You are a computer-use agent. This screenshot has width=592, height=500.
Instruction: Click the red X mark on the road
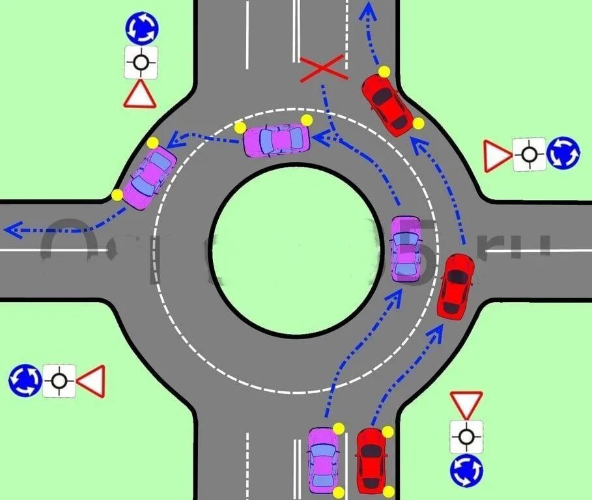pos(322,68)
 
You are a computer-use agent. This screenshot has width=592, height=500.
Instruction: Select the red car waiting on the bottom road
pos(372,460)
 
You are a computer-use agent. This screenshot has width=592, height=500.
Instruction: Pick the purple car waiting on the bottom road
pos(322,460)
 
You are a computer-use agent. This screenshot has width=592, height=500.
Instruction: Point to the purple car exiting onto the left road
pos(149,178)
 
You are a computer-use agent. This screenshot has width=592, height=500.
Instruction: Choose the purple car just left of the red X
pos(276,139)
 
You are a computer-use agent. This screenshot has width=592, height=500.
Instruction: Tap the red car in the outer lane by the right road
pos(455,286)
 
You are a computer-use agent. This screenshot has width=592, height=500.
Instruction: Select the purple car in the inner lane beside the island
pos(406,249)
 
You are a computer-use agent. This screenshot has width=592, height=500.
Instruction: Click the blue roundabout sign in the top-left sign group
pos(141,27)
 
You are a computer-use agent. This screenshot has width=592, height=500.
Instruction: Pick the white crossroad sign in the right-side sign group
pos(529,155)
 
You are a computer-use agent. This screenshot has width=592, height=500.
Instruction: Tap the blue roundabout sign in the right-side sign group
pos(563,154)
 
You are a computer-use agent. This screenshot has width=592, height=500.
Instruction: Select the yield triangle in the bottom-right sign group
pos(466,403)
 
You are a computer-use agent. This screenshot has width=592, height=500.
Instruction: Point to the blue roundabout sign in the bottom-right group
pos(466,470)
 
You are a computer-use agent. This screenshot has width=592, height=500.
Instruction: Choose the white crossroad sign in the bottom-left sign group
pos(59,380)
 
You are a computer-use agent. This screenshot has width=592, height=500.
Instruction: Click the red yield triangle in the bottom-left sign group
pos(92,381)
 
